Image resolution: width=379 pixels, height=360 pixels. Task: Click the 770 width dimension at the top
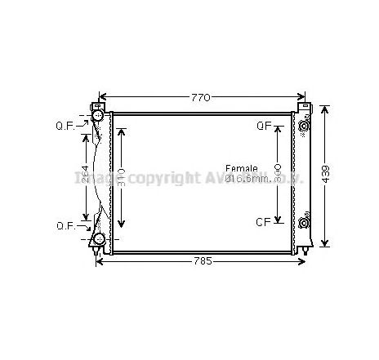point(201,98)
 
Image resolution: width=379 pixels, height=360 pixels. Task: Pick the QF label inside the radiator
point(264,126)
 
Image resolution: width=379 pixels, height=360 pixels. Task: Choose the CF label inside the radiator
point(264,221)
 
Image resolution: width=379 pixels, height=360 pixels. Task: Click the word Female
point(241,168)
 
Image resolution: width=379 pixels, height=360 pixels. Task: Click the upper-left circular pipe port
point(99,119)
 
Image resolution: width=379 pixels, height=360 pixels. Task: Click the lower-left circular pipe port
point(99,239)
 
